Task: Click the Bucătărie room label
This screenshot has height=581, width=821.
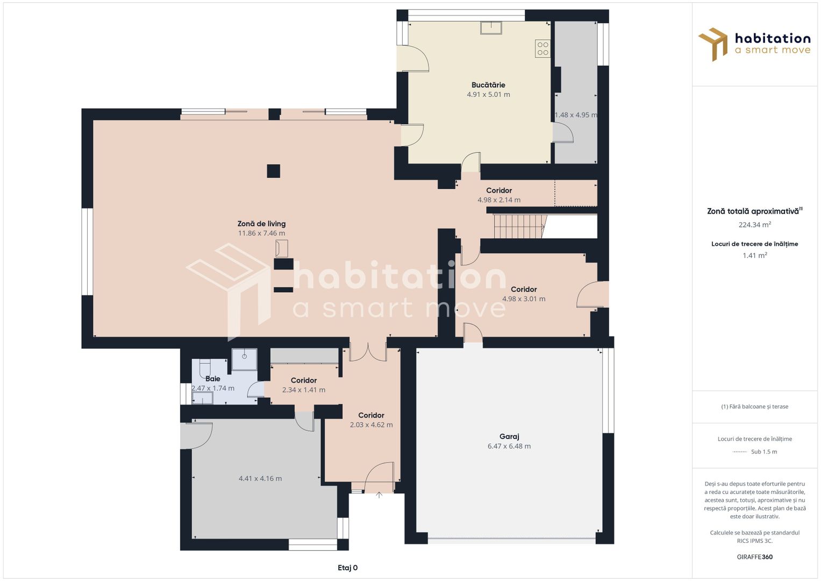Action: click(488, 85)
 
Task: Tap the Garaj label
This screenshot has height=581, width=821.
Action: click(509, 436)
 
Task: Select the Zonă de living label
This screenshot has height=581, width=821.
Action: click(261, 224)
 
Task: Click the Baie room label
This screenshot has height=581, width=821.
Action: click(212, 379)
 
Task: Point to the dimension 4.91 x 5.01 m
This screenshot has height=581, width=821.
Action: click(488, 95)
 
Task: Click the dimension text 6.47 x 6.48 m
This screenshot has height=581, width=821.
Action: click(509, 447)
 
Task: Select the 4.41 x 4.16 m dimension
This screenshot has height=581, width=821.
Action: click(260, 479)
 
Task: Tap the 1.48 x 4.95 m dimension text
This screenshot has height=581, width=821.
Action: click(576, 115)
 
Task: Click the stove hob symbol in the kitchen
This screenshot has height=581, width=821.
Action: click(542, 49)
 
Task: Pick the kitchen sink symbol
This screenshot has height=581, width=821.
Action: click(491, 27)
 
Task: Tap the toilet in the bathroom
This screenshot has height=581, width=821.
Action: click(205, 368)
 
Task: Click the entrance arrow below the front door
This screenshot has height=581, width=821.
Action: click(379, 495)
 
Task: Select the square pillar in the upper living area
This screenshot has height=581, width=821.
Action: click(274, 171)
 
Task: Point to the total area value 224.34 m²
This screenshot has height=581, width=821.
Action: click(755, 224)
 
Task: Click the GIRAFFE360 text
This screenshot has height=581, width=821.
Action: click(755, 557)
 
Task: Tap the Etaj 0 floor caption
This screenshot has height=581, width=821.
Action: click(347, 568)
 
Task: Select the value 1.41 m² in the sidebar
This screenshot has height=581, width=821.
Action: click(755, 256)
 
